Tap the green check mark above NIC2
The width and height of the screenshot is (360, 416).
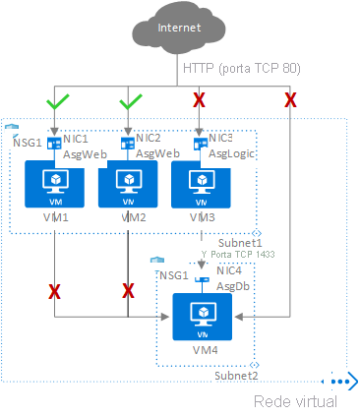coord(128,101)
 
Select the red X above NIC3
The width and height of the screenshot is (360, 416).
coord(200,101)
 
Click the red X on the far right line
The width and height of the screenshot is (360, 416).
coord(290,100)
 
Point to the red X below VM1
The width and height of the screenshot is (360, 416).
coord(53,290)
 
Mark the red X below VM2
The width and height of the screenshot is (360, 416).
coord(128,290)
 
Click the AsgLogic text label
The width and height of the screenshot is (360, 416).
coord(231,154)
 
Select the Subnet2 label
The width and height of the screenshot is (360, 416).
coord(236,376)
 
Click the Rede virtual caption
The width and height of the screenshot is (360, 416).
coord(295,401)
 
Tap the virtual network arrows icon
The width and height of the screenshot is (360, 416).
coord(341,383)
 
